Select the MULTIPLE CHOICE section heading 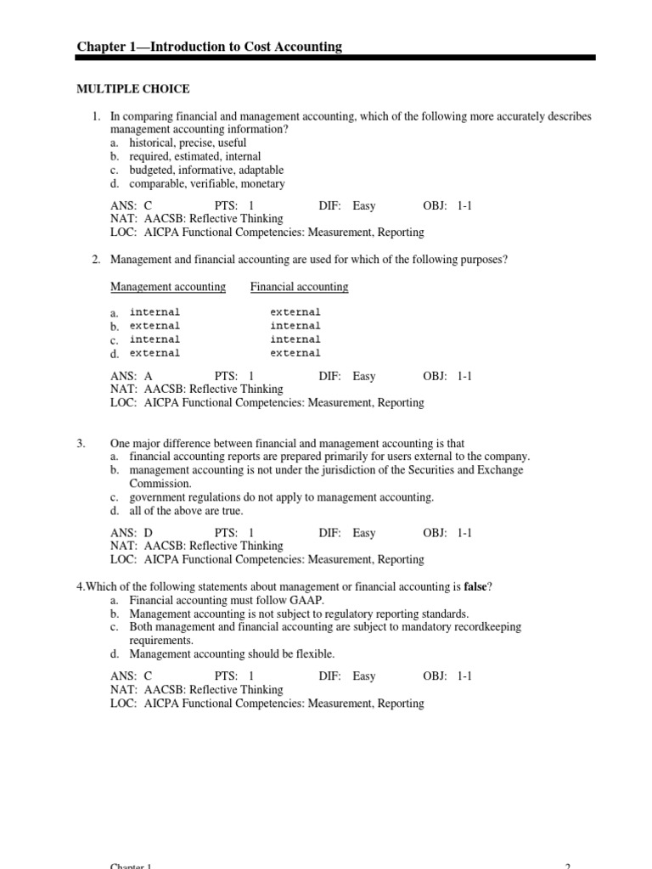pyautogui.click(x=133, y=89)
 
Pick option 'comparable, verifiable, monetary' pyautogui.click(x=207, y=183)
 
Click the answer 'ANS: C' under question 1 pyautogui.click(x=132, y=205)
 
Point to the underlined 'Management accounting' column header pyautogui.click(x=168, y=287)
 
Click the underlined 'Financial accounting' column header pyautogui.click(x=299, y=287)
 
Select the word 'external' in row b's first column pyautogui.click(x=155, y=326)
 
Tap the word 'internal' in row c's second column pyautogui.click(x=295, y=339)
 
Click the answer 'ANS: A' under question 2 pyautogui.click(x=132, y=376)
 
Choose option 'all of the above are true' pyautogui.click(x=186, y=511)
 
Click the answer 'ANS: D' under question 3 pyautogui.click(x=132, y=533)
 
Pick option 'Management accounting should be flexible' pyautogui.click(x=232, y=653)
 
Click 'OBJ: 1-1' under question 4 pyautogui.click(x=447, y=676)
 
